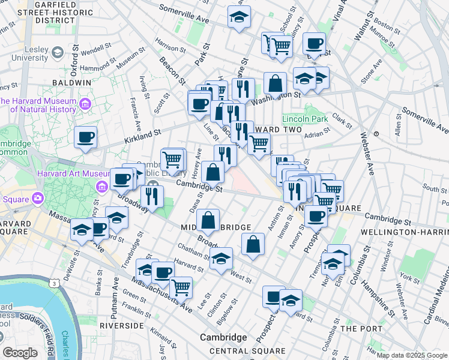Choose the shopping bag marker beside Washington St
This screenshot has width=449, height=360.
[274, 85]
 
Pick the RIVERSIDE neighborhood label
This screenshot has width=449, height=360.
[122, 325]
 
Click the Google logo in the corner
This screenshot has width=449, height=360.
[20, 353]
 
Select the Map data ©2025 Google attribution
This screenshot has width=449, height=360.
[412, 356]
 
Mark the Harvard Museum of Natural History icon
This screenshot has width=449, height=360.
[85, 104]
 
